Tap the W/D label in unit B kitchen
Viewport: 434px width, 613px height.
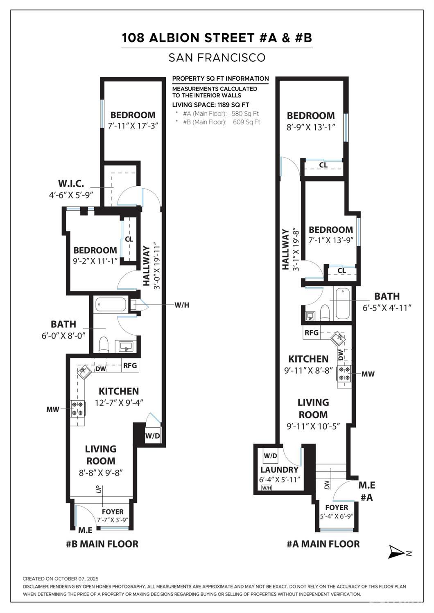[x=152, y=436]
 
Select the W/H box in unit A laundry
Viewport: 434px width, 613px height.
[x=267, y=487]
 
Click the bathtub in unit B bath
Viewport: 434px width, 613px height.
[x=111, y=305]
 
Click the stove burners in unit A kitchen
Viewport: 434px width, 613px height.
[x=344, y=374]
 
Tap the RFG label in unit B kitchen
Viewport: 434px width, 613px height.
[x=130, y=365]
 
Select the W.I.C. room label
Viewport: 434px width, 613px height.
[x=71, y=184]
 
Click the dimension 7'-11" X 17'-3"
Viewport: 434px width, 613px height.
[x=133, y=126]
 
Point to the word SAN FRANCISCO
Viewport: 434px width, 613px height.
[x=217, y=58]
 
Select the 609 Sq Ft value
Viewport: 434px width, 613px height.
[x=246, y=122]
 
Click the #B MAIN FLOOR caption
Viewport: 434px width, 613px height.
[x=102, y=544]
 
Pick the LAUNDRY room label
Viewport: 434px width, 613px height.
[x=279, y=470]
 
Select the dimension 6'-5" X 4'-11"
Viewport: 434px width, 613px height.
[x=387, y=308]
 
